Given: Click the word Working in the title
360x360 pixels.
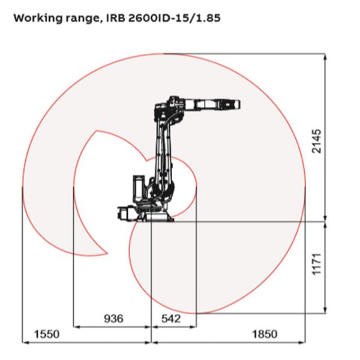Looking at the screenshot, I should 37,17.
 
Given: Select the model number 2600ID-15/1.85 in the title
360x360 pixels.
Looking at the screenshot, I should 179,17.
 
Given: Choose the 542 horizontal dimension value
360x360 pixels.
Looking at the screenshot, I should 173,319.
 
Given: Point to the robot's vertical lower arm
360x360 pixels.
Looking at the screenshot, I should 163,156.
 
